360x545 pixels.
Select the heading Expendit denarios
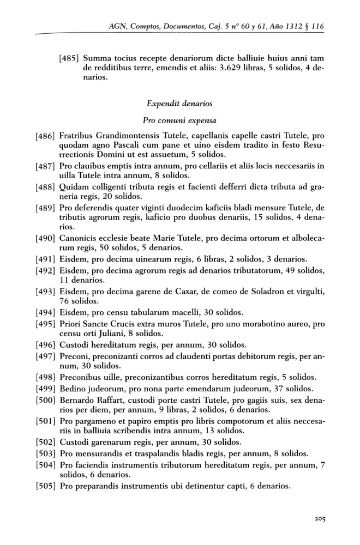pyautogui.click(x=179, y=102)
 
